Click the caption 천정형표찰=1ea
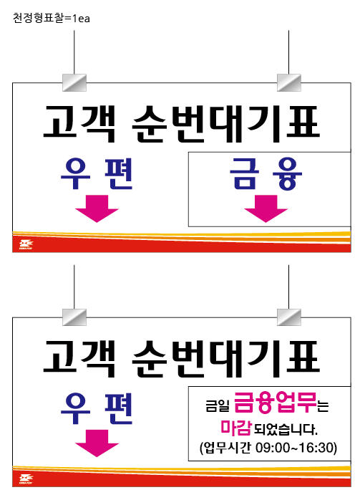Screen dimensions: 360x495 [x=51, y=18]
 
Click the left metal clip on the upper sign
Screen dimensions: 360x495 [x=74, y=82]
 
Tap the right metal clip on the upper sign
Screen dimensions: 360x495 [x=289, y=82]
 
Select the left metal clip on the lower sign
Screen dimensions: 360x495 [x=74, y=317]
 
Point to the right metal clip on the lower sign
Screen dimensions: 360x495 [x=289, y=317]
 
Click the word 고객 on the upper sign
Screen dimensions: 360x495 [x=79, y=124]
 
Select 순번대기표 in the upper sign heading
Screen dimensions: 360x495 [x=225, y=124]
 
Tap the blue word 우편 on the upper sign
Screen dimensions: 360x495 [x=97, y=173]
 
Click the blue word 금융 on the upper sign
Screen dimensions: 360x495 [x=266, y=173]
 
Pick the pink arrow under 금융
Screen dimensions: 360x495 [x=266, y=208]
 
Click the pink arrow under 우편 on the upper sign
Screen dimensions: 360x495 [x=97, y=208]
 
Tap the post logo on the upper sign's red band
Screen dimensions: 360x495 [x=26, y=245]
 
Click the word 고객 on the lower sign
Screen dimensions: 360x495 [x=79, y=359]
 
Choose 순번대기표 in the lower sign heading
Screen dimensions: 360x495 [x=225, y=359]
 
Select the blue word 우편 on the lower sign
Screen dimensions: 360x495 [x=97, y=408]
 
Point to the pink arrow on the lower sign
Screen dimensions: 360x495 [x=97, y=443]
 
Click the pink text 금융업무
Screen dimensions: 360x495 [x=275, y=403]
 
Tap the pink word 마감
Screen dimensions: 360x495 [x=235, y=428]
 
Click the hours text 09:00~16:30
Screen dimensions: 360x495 [x=296, y=448]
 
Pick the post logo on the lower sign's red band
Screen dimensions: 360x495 [x=26, y=479]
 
